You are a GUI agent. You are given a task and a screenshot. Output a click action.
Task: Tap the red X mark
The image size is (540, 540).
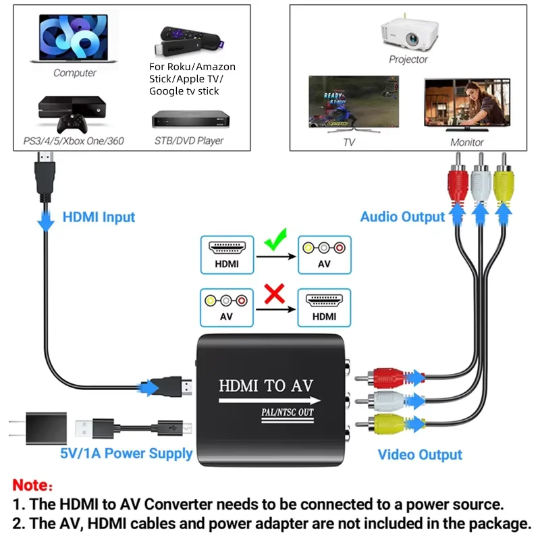pyautogui.click(x=275, y=294)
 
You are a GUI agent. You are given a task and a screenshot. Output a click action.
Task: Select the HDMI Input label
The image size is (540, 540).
pyautogui.click(x=99, y=217)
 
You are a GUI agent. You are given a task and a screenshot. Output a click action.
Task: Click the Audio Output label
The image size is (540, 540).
pyautogui.click(x=402, y=217)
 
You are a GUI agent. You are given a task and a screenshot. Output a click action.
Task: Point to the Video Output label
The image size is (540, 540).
pyautogui.click(x=419, y=454)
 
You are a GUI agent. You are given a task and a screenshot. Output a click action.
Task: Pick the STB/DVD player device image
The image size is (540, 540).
pyautogui.click(x=191, y=122)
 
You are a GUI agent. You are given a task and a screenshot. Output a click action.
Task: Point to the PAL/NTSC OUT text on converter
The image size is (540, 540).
pyautogui.click(x=287, y=412)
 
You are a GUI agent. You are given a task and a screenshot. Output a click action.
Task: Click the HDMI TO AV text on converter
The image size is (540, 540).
pyautogui.click(x=266, y=387)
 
